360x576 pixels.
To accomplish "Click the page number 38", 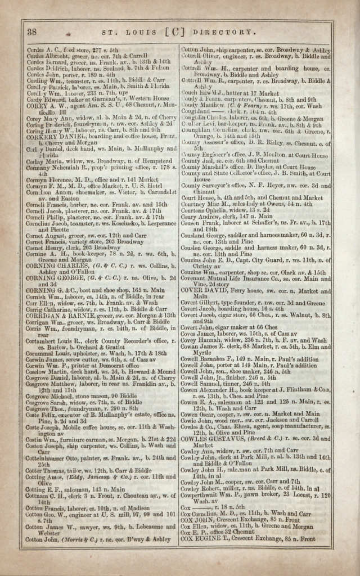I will click(31, 31).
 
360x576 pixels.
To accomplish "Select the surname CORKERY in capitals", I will click(40, 137).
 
